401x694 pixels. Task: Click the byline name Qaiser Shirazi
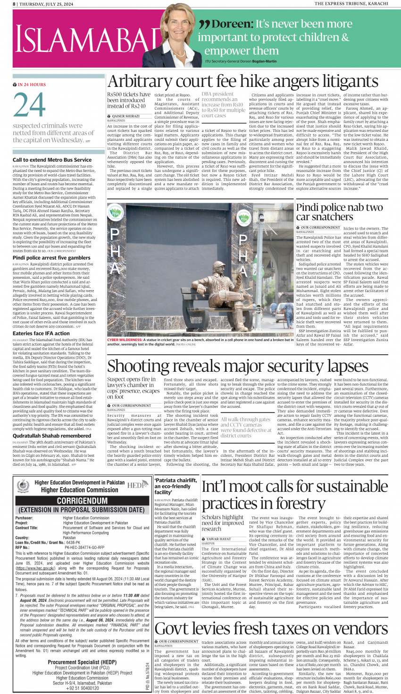click(125, 116)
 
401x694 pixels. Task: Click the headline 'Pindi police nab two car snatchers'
click(340, 212)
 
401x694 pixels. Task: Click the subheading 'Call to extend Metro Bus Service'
click(52, 160)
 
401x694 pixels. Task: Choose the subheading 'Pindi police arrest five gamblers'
click(51, 258)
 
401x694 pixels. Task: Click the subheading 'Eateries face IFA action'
click(41, 334)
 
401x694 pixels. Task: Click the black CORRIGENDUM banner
click(82, 500)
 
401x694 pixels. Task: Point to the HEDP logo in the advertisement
click(137, 485)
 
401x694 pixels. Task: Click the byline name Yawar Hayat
click(218, 539)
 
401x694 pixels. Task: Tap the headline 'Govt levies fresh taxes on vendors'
click(271, 628)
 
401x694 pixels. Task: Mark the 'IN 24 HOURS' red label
click(32, 85)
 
